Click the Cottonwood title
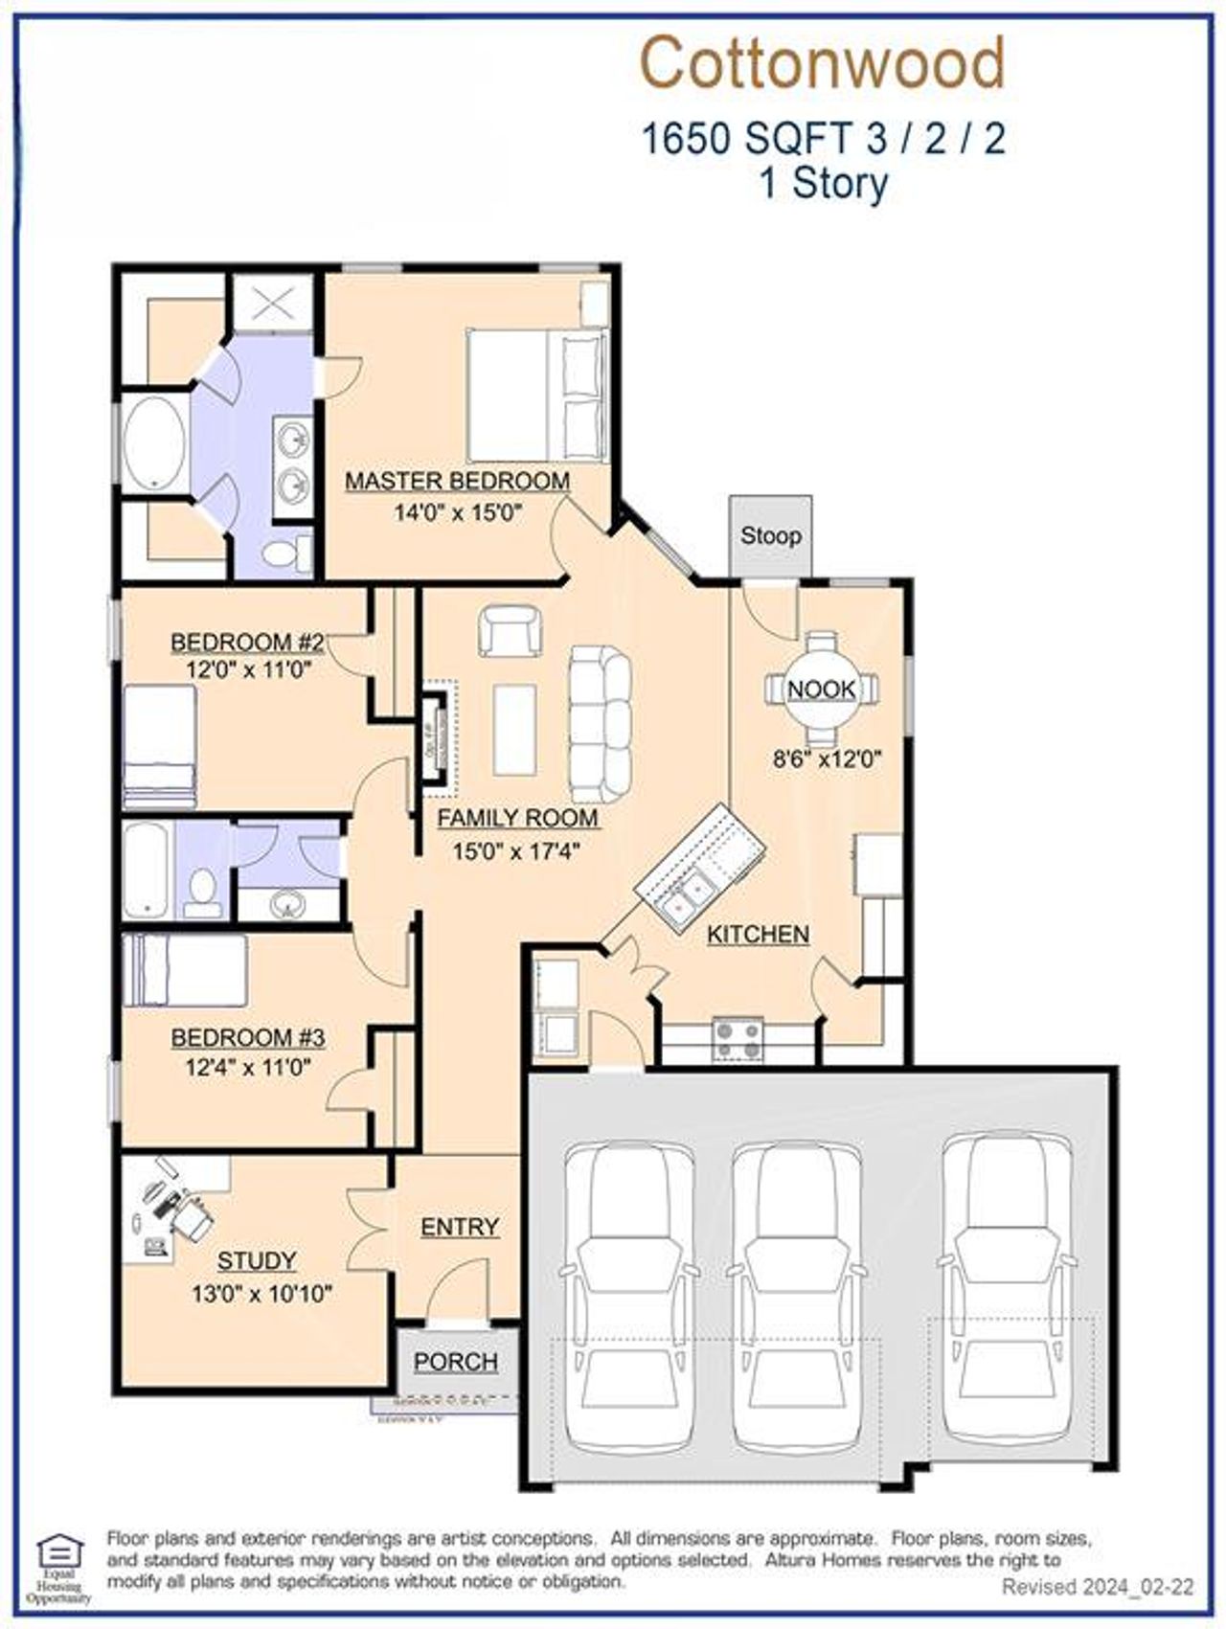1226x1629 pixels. [x=822, y=64]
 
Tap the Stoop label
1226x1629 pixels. [x=770, y=535]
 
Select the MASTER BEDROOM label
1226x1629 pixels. [x=457, y=481]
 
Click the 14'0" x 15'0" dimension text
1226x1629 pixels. [x=457, y=512]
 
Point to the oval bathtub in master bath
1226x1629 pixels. [x=154, y=444]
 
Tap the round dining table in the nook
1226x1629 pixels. [x=822, y=689]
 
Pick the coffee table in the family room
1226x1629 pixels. [x=514, y=729]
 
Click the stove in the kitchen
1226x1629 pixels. [x=738, y=1039]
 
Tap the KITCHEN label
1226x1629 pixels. [x=758, y=934]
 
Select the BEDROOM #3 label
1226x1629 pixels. [x=248, y=1037]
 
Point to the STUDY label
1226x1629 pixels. [x=256, y=1260]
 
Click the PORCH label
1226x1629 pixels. [x=456, y=1361]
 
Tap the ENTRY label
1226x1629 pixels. [x=460, y=1227]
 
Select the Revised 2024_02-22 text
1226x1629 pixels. [x=1098, y=1587]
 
